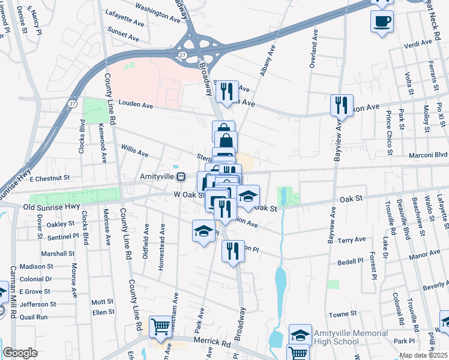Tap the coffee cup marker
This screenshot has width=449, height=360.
coord(382,22)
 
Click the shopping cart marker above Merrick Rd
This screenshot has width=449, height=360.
coord(161,327)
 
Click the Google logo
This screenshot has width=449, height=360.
coord(20,353)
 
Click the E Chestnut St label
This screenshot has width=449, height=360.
coord(45,178)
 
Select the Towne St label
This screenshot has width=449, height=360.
coord(343,314)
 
